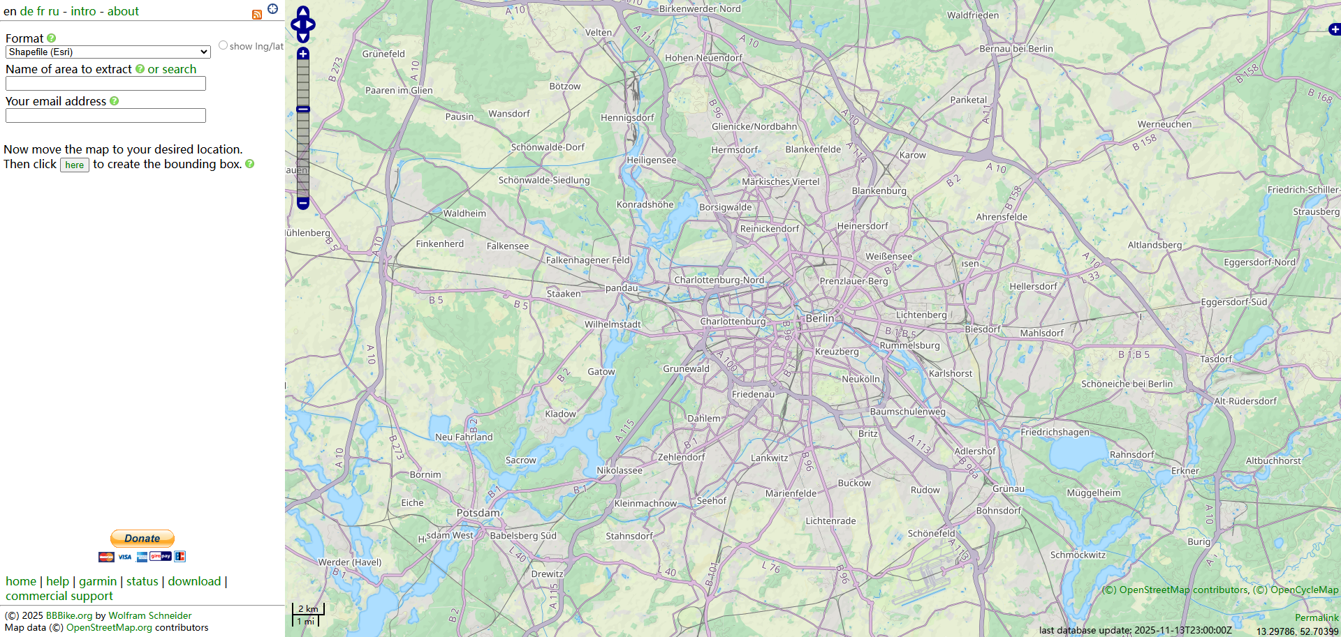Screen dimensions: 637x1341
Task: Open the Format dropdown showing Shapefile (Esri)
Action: [108, 52]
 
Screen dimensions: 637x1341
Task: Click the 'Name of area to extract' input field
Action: [105, 84]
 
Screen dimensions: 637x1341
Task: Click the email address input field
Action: [105, 116]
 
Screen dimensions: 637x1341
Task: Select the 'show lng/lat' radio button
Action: [223, 45]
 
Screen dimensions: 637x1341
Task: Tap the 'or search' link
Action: [172, 69]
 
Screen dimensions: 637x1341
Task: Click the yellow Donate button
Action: [142, 538]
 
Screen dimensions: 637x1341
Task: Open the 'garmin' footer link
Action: [98, 581]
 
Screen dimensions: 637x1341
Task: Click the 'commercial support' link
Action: [59, 596]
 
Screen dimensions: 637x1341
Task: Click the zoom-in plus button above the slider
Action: [303, 54]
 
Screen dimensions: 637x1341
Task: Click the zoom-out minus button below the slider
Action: [303, 203]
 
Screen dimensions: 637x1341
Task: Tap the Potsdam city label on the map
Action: [478, 513]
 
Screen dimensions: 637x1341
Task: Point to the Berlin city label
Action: [820, 318]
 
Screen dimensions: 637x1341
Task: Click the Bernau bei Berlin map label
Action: [1016, 49]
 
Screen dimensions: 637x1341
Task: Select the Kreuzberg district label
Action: [837, 352]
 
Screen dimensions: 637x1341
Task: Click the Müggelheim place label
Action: [1093, 493]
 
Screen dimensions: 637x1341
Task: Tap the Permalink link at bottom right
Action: [1316, 617]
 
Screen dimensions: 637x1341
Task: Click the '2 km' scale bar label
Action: [308, 608]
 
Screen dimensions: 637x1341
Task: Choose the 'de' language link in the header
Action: [27, 11]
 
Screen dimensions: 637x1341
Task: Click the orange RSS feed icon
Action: [257, 14]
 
